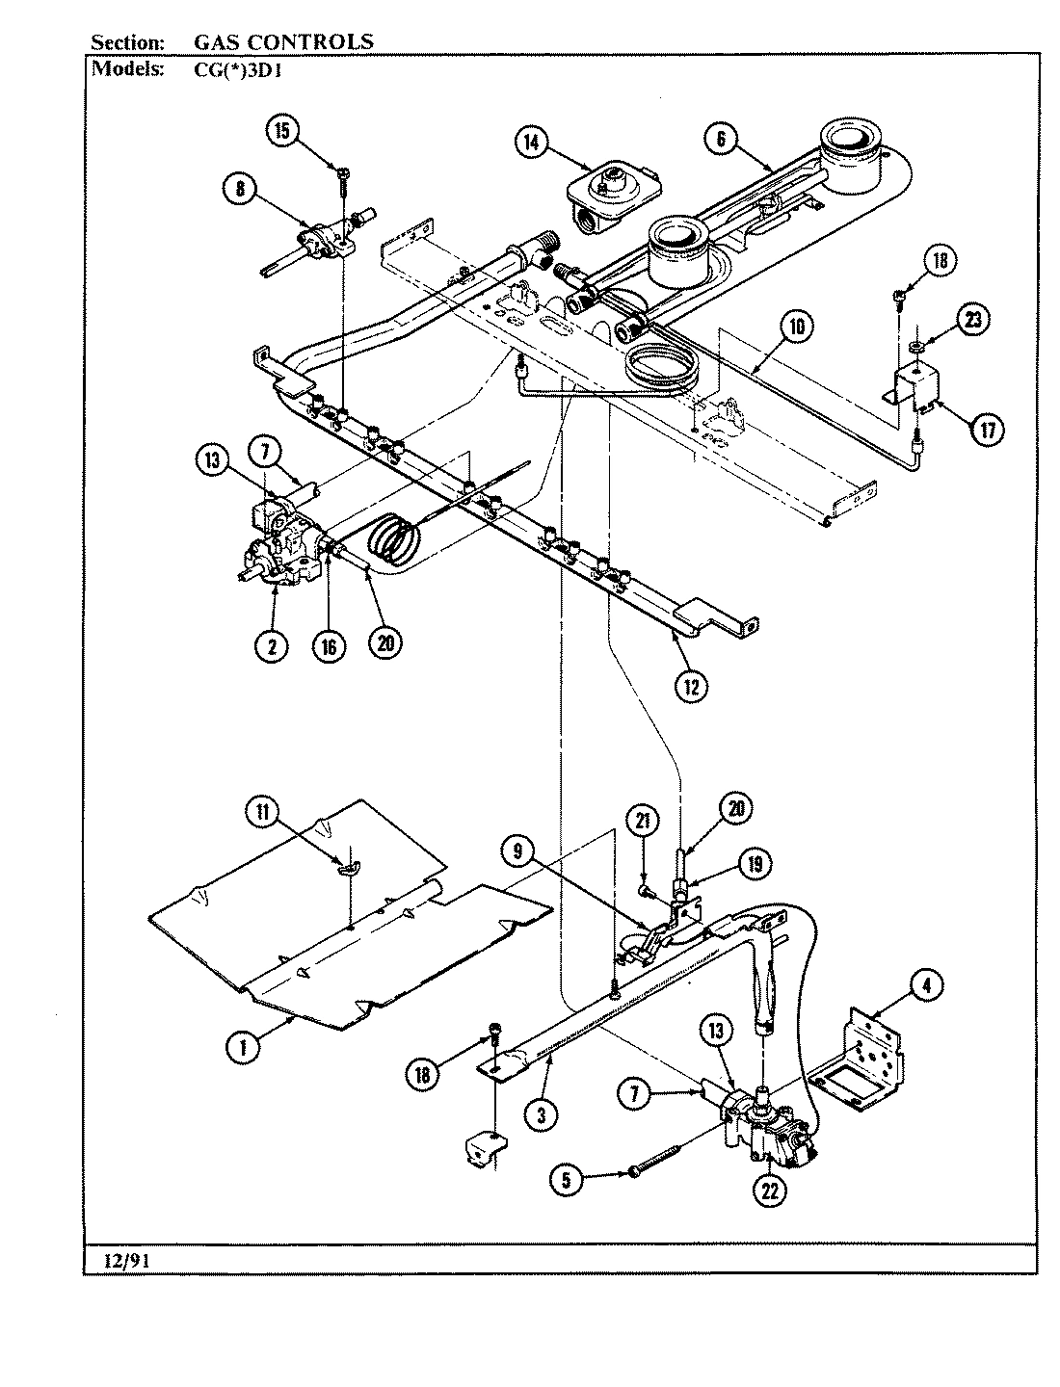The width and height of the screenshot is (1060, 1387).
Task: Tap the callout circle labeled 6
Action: pyautogui.click(x=719, y=138)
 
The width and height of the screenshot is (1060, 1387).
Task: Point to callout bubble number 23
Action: pyautogui.click(x=972, y=319)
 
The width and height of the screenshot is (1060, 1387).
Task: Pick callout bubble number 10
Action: pyautogui.click(x=795, y=325)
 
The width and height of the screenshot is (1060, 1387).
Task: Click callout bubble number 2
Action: pyautogui.click(x=272, y=645)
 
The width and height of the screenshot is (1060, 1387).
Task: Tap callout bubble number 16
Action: pyautogui.click(x=329, y=645)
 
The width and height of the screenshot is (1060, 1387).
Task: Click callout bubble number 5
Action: pyautogui.click(x=569, y=1180)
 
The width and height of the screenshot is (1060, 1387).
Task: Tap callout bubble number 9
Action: pyautogui.click(x=517, y=850)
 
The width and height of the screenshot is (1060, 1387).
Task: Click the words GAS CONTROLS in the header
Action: pyautogui.click(x=283, y=41)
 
